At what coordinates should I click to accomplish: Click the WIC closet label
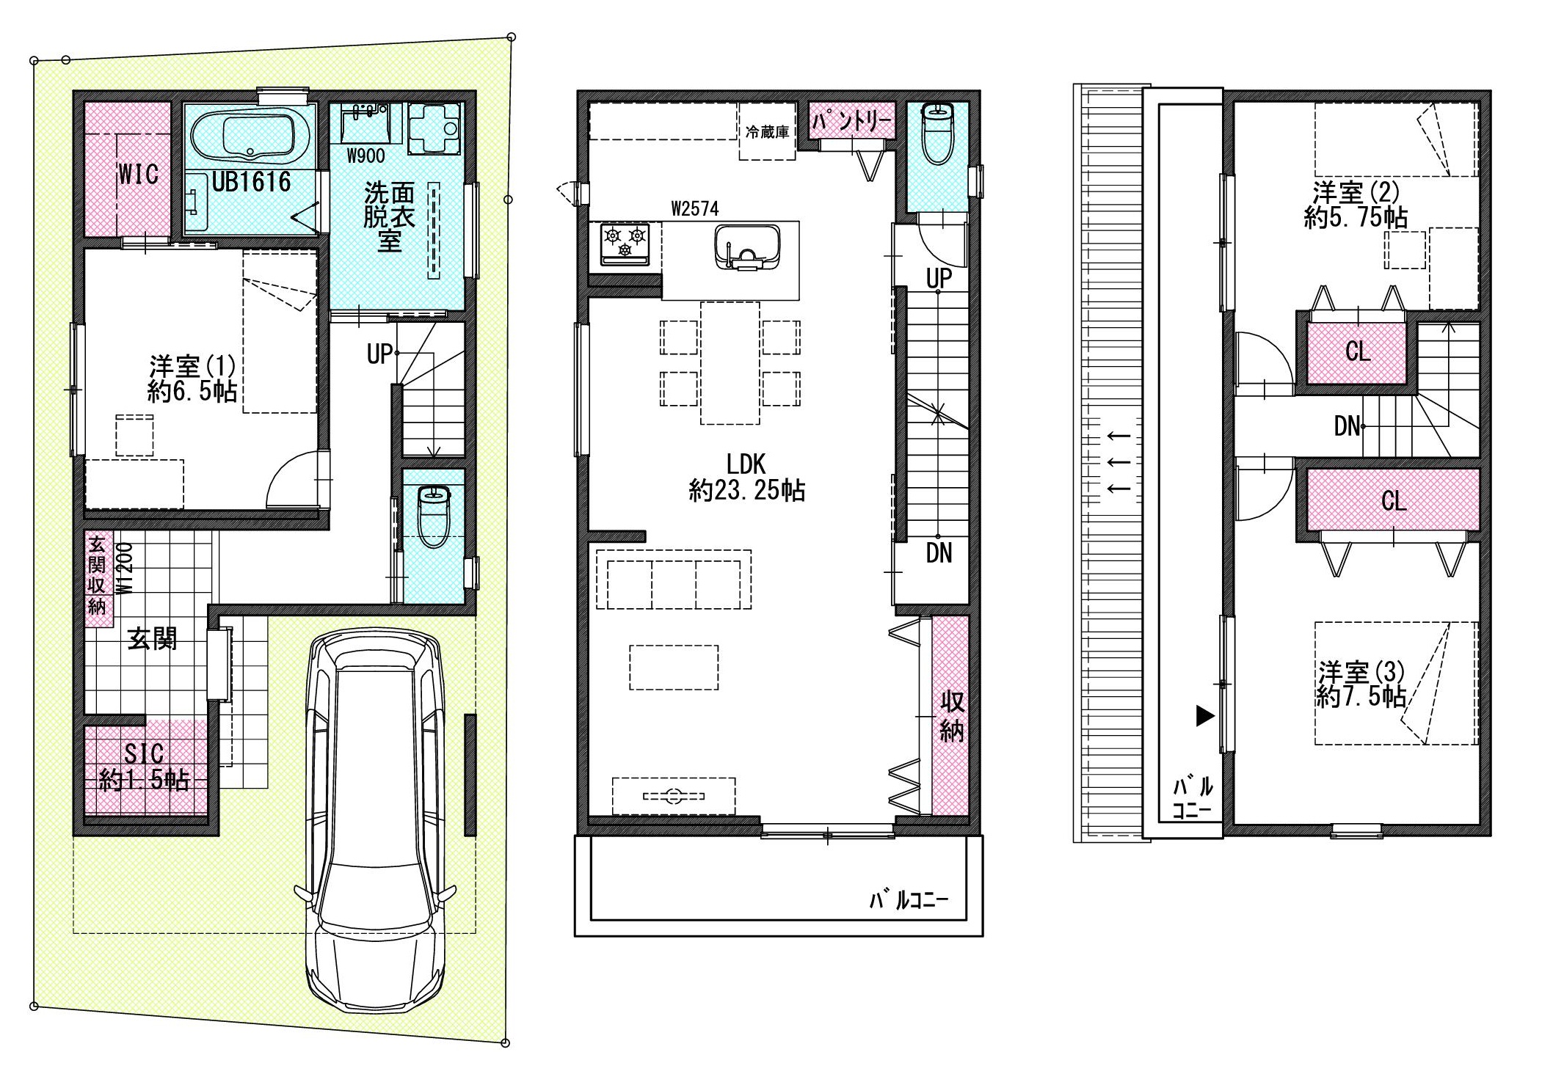tap(138, 175)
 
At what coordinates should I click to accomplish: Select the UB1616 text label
tap(251, 182)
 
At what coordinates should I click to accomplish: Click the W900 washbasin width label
tap(365, 156)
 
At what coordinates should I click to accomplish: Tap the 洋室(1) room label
tap(192, 379)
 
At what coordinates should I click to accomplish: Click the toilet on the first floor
tap(434, 516)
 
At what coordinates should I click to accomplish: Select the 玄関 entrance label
tap(153, 639)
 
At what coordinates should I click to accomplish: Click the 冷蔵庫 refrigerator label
tap(767, 133)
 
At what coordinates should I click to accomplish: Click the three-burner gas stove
tap(625, 244)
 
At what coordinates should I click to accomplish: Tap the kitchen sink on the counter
tap(746, 247)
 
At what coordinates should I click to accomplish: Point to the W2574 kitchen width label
tap(694, 209)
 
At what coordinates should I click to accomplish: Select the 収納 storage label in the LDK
tap(952, 717)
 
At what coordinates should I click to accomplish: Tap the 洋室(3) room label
tap(1361, 684)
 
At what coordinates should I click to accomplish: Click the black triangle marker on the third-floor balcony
tap(1205, 715)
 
